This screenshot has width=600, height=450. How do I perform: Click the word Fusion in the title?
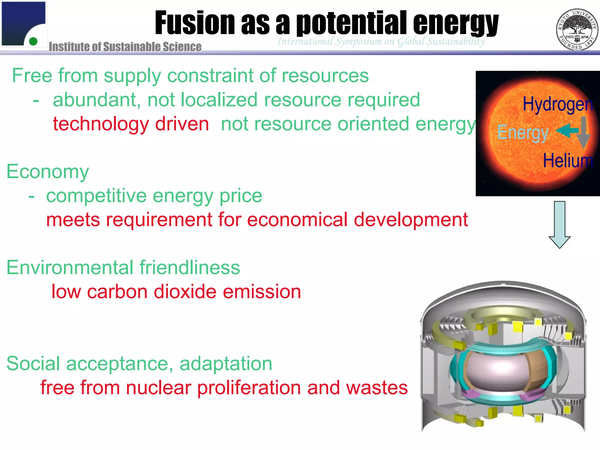click(x=195, y=23)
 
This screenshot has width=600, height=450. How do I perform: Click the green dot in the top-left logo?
click(x=33, y=41)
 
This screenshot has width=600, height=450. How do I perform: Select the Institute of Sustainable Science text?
click(x=125, y=47)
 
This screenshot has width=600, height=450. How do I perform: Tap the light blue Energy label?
click(x=523, y=133)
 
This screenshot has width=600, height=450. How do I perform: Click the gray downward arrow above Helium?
click(x=583, y=132)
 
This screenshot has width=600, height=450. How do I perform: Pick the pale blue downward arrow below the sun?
click(x=560, y=224)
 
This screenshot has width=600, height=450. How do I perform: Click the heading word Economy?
click(x=48, y=172)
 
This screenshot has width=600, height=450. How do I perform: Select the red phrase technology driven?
click(x=131, y=124)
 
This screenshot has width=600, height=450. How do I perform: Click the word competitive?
click(x=96, y=196)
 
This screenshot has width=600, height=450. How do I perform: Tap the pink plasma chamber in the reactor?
click(x=494, y=374)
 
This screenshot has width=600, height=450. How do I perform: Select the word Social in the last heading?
click(x=33, y=364)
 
